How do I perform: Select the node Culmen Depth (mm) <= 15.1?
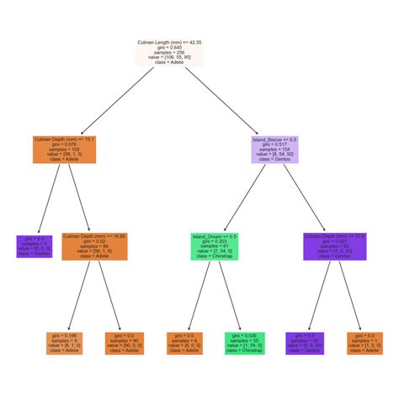pyautogui.click(x=64, y=148)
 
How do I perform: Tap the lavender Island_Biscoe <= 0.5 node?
pyautogui.click(x=275, y=148)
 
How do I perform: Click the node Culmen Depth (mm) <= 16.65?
pyautogui.click(x=94, y=246)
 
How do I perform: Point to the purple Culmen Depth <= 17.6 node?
pyautogui.click(x=337, y=246)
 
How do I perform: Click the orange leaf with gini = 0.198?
pyautogui.click(x=66, y=343)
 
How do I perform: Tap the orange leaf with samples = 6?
pyautogui.click(x=183, y=343)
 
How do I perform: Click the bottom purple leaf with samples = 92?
pyautogui.click(x=304, y=343)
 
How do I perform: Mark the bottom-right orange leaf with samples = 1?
pyautogui.click(x=364, y=343)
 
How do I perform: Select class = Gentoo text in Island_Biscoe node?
pyautogui.click(x=275, y=159)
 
